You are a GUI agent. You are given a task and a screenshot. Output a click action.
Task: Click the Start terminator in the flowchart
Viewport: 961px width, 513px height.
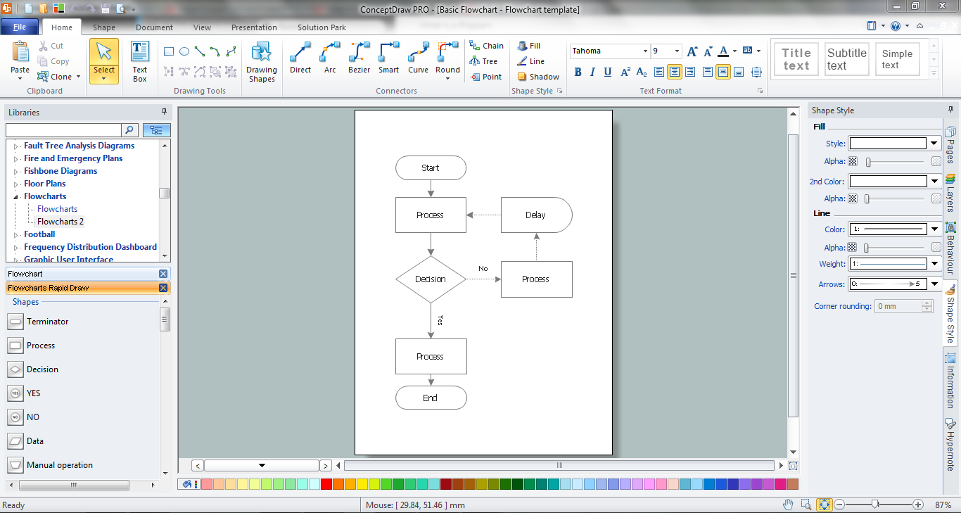click(x=431, y=168)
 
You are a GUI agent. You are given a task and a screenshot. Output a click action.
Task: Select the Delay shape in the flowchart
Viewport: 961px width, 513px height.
click(x=536, y=215)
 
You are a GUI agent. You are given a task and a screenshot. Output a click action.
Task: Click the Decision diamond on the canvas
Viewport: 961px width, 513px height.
click(x=431, y=279)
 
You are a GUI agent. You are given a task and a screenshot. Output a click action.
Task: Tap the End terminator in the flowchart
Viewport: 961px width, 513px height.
click(x=431, y=398)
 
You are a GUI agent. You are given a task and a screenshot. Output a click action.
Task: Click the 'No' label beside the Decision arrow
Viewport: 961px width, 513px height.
click(x=483, y=269)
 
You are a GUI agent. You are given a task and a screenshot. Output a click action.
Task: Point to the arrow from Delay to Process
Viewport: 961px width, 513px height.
click(x=484, y=215)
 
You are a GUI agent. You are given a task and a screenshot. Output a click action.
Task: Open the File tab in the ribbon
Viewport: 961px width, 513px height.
click(x=20, y=27)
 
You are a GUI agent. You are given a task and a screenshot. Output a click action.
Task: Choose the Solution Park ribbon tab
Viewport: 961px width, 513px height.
click(x=322, y=27)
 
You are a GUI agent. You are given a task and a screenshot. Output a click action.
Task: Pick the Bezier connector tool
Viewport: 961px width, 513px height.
click(x=359, y=58)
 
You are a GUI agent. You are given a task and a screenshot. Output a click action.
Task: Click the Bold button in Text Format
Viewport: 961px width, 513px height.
click(x=578, y=72)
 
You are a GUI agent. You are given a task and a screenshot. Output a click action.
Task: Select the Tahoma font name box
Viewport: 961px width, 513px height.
click(x=606, y=51)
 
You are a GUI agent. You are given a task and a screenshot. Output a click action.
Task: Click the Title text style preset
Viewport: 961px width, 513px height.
click(x=796, y=59)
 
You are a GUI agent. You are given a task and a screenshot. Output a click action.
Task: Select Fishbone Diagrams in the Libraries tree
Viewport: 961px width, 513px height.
click(x=61, y=171)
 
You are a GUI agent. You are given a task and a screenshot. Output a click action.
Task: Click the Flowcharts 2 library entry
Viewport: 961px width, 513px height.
click(x=61, y=222)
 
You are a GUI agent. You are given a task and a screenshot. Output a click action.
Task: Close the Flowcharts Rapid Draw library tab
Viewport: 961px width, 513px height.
click(x=163, y=288)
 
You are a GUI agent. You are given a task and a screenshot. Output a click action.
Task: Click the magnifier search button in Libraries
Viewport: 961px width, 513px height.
click(x=129, y=129)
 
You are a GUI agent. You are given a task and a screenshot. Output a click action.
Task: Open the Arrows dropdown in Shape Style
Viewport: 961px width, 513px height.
click(x=934, y=284)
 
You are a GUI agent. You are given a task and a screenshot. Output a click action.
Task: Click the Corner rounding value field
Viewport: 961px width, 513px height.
click(x=898, y=306)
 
